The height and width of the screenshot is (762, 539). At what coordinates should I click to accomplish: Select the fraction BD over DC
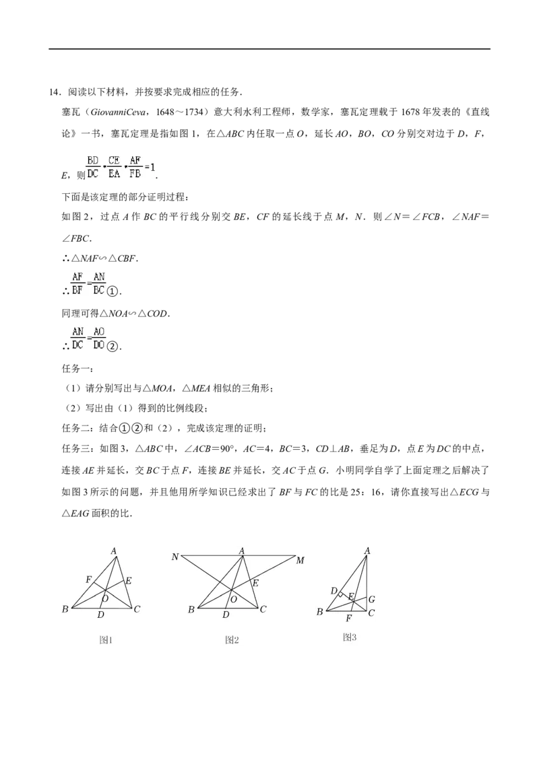[x=92, y=167]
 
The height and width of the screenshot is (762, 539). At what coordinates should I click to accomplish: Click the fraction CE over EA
[x=114, y=167]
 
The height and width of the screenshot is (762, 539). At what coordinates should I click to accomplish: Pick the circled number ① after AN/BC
[x=113, y=291]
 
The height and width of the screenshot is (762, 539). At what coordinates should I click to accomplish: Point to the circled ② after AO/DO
[x=113, y=347]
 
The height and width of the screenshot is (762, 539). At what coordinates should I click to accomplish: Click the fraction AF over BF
[x=77, y=283]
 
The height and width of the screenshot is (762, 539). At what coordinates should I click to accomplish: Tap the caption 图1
[x=106, y=640]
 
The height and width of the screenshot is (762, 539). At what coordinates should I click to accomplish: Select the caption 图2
[x=232, y=640]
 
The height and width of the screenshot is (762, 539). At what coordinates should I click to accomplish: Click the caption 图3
[x=349, y=637]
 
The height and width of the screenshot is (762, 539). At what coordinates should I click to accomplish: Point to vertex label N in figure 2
[x=175, y=557]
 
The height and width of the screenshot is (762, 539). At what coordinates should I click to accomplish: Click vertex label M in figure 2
[x=300, y=560]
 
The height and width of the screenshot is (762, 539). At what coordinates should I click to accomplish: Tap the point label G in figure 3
[x=372, y=599]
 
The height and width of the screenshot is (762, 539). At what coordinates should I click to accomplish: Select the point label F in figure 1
[x=88, y=580]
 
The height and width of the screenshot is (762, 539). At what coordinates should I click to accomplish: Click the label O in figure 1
[x=105, y=599]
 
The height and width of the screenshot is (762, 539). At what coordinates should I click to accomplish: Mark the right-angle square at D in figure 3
[x=341, y=594]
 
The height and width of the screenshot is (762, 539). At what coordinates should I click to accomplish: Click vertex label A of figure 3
[x=367, y=551]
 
